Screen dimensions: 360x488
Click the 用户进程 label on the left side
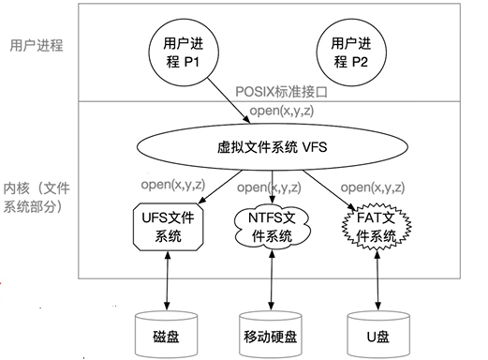[x=36, y=44]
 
